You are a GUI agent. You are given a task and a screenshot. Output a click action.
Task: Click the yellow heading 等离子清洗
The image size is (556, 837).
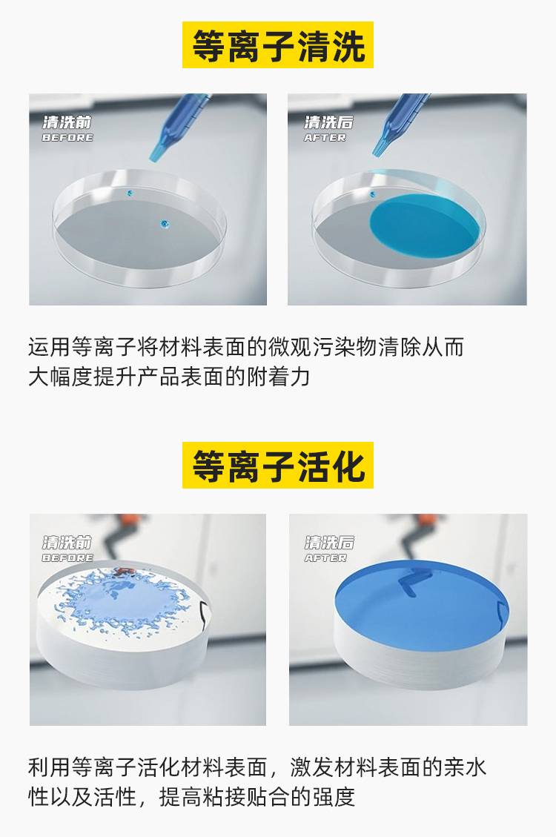(278, 44)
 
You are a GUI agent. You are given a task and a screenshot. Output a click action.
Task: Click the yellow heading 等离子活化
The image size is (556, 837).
(278, 465)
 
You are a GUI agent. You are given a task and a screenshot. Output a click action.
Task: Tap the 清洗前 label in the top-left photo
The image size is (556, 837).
(67, 122)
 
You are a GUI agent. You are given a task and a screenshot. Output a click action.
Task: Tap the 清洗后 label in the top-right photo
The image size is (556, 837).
(328, 122)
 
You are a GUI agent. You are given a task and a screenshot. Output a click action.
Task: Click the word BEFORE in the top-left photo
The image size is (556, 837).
(67, 138)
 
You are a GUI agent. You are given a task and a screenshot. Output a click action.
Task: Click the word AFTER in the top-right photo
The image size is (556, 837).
(325, 138)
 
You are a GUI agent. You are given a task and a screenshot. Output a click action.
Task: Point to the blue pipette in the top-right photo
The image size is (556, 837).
(401, 124)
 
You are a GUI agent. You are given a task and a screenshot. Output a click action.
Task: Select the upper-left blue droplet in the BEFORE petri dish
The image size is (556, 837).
(128, 192)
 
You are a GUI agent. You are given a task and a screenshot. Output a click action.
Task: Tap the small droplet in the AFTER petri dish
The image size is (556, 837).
(372, 193)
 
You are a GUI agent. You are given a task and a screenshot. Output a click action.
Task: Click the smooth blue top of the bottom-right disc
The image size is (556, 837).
(422, 603)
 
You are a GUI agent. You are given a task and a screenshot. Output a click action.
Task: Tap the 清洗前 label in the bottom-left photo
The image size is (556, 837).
(67, 543)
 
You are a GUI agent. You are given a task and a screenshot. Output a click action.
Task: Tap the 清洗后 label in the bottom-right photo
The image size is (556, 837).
(329, 543)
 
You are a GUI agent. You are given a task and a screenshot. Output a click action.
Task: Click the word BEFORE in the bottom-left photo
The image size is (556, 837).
(67, 558)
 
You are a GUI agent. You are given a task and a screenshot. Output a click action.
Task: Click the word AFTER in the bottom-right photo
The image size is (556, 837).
(325, 558)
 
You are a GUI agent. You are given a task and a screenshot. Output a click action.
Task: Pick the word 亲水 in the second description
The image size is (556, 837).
(465, 767)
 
